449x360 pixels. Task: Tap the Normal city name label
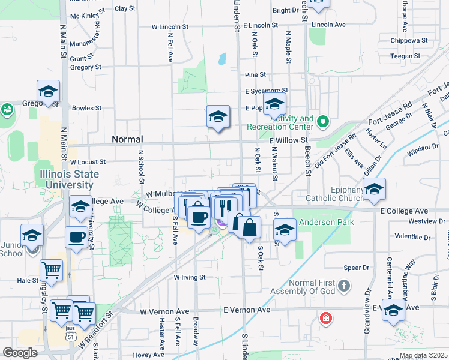(x=127, y=139)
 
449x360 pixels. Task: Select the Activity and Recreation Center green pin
(x=323, y=122)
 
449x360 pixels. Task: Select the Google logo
(x=20, y=353)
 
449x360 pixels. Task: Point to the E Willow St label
(x=288, y=140)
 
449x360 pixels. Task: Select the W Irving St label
(x=190, y=278)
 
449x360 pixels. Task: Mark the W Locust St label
(x=88, y=162)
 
